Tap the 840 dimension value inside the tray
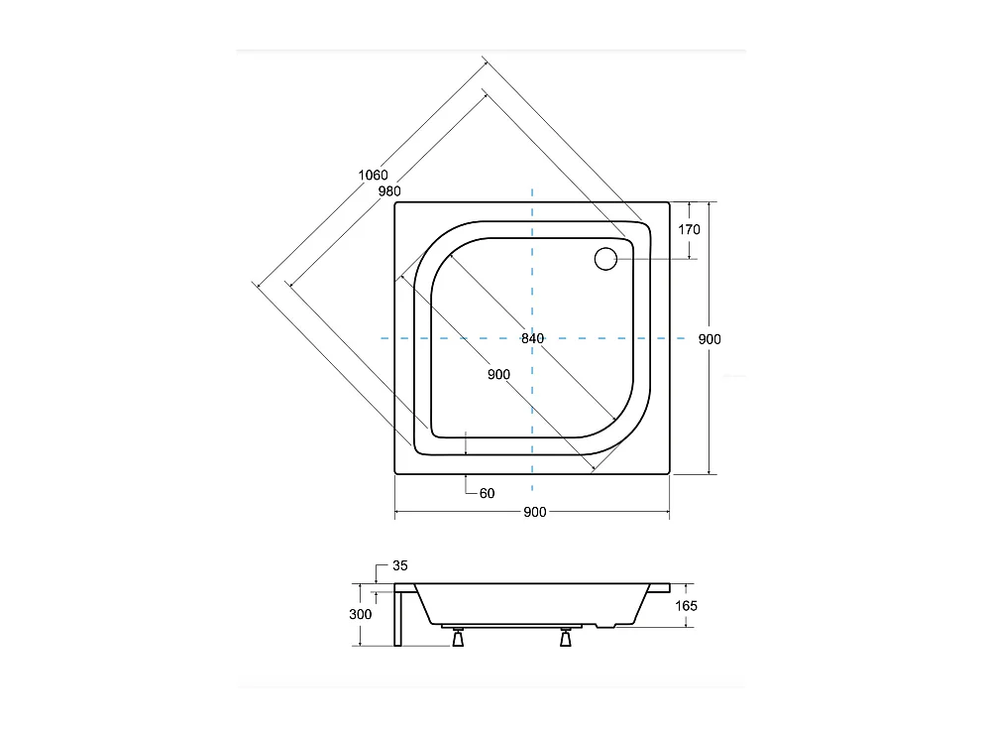[533, 338]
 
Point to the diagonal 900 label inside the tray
[498, 374]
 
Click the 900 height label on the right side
[710, 339]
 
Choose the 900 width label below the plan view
[533, 512]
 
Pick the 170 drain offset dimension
[690, 230]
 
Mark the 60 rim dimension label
[487, 493]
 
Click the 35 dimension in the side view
[399, 565]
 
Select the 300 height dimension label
[362, 614]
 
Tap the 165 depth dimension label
[687, 605]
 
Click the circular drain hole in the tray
[605, 259]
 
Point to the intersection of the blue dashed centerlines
[533, 338]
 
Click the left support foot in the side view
[457, 639]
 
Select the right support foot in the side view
[566, 639]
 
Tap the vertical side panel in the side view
[398, 616]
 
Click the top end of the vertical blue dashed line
[533, 188]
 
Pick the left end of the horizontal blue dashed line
[382, 338]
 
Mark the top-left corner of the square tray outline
[396, 202]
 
